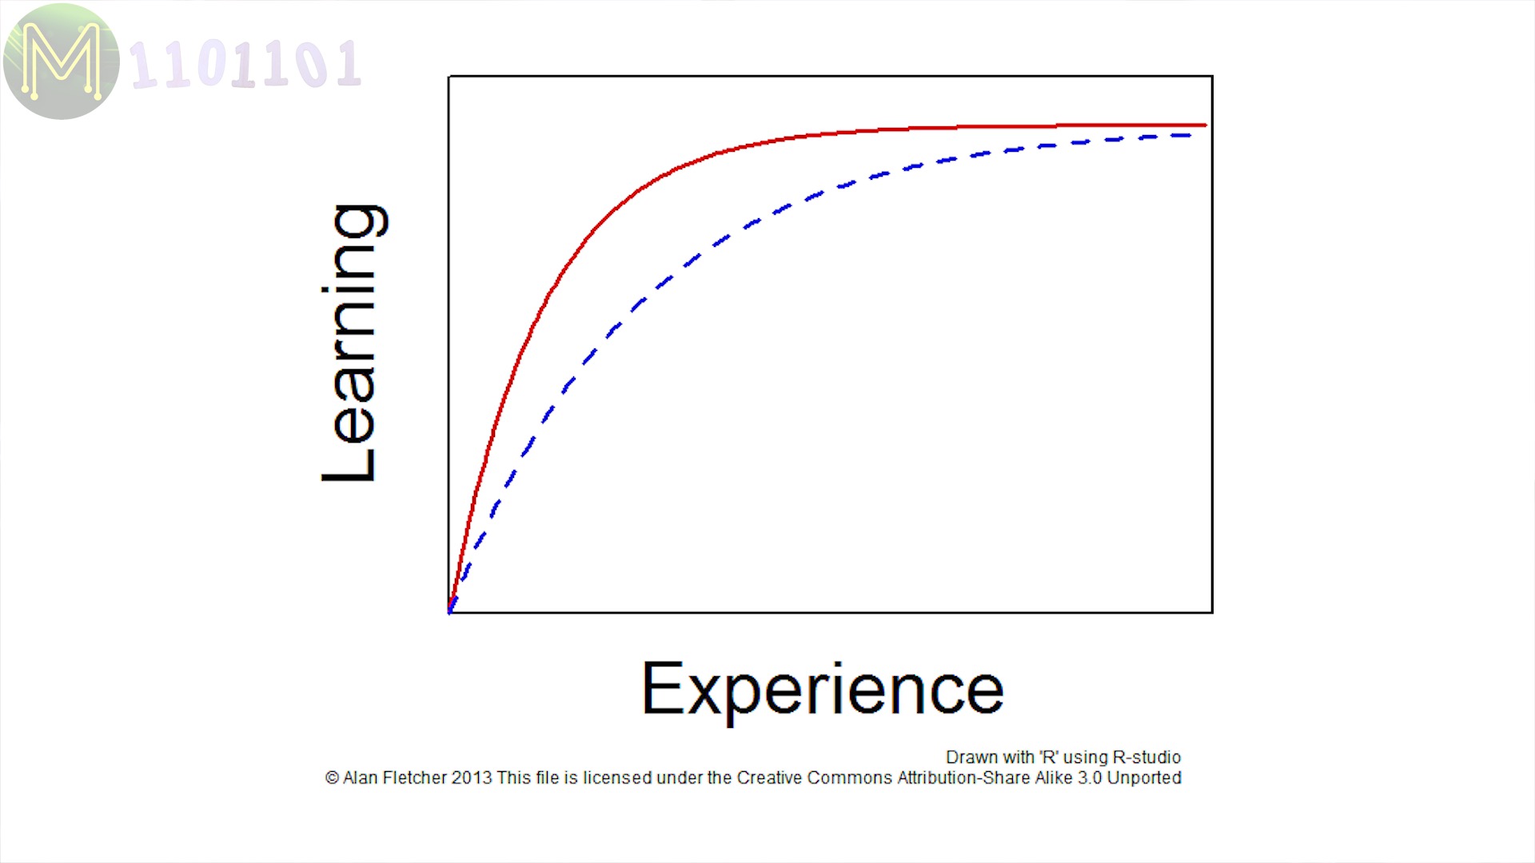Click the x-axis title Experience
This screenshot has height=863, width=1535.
tap(823, 690)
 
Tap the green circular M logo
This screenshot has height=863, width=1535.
tap(62, 62)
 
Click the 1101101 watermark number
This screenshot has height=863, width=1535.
tap(245, 64)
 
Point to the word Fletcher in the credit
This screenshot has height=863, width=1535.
tap(415, 777)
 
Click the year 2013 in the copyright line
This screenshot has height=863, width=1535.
tap(472, 777)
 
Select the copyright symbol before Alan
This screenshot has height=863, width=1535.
tap(332, 777)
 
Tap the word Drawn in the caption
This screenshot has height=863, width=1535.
tap(971, 757)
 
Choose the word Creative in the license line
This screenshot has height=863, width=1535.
tap(769, 777)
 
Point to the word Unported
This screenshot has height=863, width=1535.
tap(1144, 777)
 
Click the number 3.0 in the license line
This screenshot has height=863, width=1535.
tap(1090, 777)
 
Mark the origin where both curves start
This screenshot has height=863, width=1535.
tap(449, 613)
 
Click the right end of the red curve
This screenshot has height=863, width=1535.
tap(1206, 125)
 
